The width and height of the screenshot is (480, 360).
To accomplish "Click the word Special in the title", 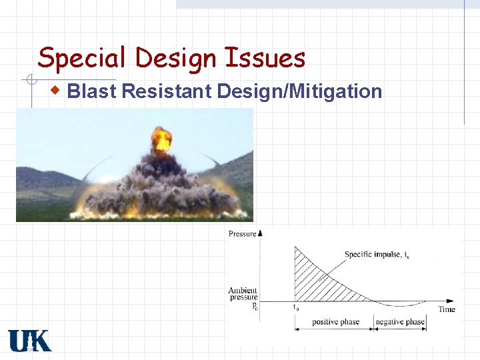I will coord(81,59).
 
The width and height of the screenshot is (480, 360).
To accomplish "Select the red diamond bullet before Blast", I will coord(59,89).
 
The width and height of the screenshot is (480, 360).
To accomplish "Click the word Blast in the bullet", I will coord(92,91).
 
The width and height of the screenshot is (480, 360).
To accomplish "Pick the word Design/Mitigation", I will coord(299,91).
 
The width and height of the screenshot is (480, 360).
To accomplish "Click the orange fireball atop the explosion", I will coord(161,139).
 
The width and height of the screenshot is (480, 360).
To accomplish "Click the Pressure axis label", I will coord(243,233).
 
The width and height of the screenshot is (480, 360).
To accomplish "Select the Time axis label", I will coord(447,309).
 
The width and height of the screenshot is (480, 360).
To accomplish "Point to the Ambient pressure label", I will coord(243,295).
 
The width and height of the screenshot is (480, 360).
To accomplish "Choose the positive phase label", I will coord(335,322).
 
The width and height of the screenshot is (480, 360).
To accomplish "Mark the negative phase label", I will coord(400,322).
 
